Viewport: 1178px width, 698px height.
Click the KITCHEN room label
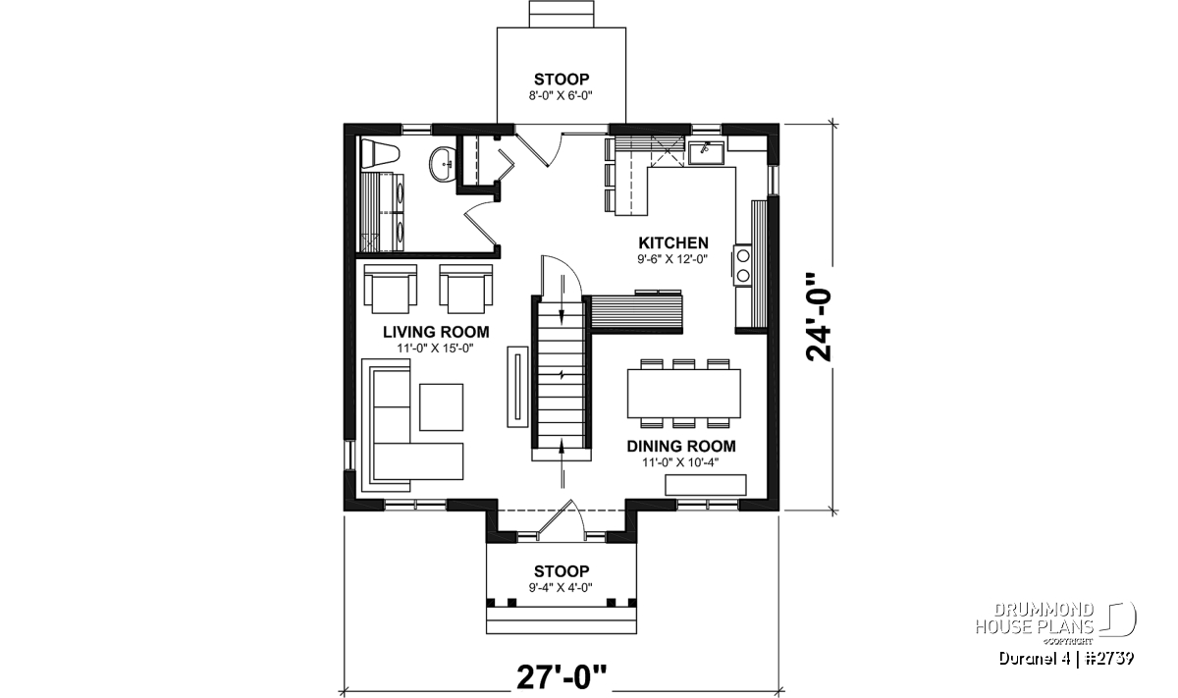tap(673, 243)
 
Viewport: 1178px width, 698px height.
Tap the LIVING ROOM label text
tap(436, 332)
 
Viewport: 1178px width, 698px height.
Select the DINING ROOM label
tap(681, 446)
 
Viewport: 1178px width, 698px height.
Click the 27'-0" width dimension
tap(562, 677)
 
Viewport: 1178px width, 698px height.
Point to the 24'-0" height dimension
tap(819, 317)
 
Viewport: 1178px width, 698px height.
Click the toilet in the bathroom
tap(381, 153)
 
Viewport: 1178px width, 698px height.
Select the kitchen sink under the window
tap(706, 152)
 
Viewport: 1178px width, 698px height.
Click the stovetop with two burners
tap(742, 265)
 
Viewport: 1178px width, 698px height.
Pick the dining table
tap(683, 394)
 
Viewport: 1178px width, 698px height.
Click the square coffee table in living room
tap(441, 407)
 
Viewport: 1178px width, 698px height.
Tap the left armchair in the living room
tap(391, 289)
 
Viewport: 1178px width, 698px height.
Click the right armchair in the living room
tap(466, 289)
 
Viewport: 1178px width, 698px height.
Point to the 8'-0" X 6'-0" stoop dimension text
tap(562, 96)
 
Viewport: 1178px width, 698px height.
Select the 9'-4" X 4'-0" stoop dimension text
tap(562, 587)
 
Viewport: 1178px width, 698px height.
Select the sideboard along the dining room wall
tap(706, 485)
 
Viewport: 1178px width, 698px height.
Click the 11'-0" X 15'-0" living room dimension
tap(436, 349)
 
